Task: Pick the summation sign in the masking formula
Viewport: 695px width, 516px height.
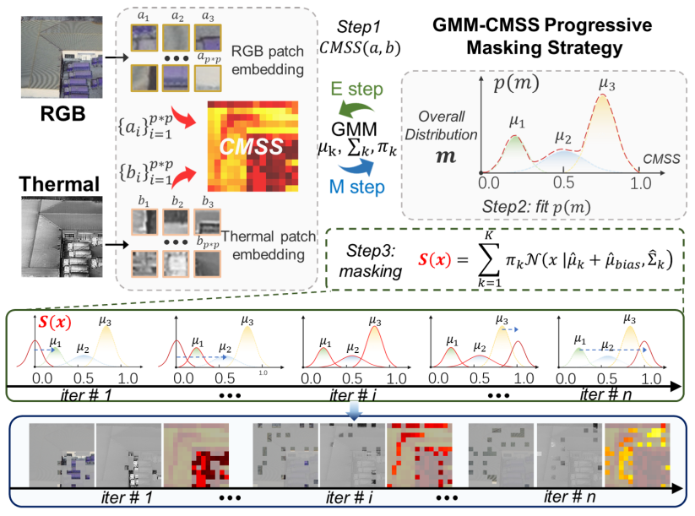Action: (487, 258)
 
